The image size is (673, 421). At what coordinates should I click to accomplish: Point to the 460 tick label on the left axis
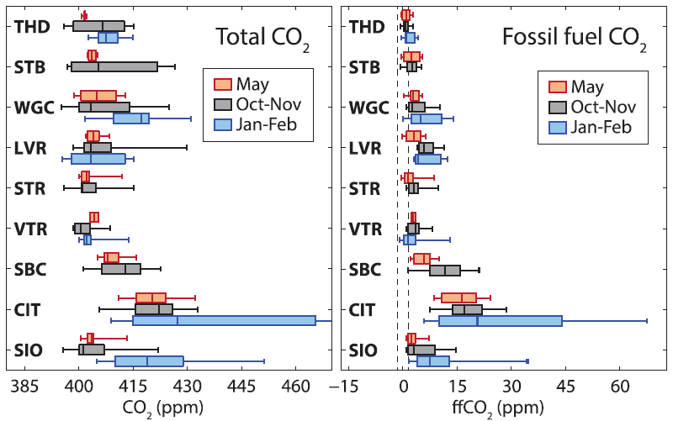click(x=295, y=387)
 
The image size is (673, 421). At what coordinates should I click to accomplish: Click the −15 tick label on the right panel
click(x=342, y=387)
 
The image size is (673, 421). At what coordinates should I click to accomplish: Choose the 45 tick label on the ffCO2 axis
click(x=566, y=387)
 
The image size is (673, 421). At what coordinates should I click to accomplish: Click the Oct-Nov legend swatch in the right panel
click(x=557, y=107)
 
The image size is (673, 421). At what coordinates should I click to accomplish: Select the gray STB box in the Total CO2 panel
click(x=114, y=66)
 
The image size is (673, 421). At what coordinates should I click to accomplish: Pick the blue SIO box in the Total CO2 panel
click(x=149, y=361)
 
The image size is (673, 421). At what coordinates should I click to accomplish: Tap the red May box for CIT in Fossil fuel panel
click(x=458, y=297)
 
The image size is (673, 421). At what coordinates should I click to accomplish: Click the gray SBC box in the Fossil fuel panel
click(x=445, y=271)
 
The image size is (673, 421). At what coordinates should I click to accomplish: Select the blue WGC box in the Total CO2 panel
click(x=131, y=118)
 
